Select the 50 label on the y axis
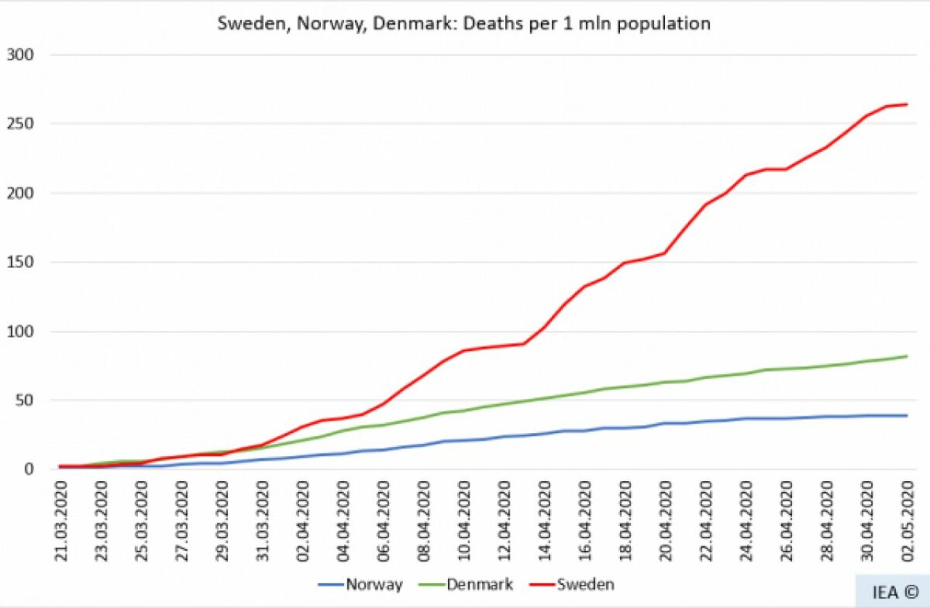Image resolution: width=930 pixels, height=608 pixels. tap(25, 400)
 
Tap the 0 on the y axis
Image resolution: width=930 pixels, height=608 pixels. tap(29, 469)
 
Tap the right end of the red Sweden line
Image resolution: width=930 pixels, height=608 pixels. tap(907, 105)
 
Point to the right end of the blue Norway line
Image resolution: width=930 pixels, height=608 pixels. tap(907, 416)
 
